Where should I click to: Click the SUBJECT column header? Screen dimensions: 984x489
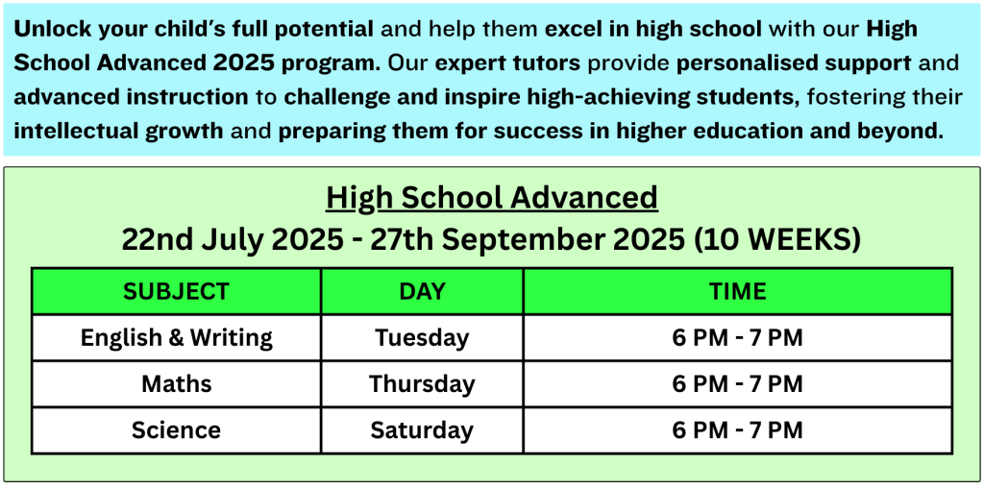click(x=177, y=291)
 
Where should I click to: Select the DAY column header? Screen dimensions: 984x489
click(x=422, y=291)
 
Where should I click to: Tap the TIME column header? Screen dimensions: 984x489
click(x=737, y=291)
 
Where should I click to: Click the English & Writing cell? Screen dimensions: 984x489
click(x=177, y=338)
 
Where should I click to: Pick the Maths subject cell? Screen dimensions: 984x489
click(x=177, y=383)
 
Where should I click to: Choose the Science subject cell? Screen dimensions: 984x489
click(x=177, y=430)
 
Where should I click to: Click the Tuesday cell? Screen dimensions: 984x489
click(x=422, y=339)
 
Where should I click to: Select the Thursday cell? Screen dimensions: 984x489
click(x=422, y=384)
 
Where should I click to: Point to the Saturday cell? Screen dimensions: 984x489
click(x=422, y=430)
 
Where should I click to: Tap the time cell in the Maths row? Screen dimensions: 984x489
click(x=737, y=383)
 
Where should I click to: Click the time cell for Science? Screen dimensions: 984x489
click(x=737, y=430)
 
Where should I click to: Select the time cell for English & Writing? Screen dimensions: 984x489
click(x=737, y=338)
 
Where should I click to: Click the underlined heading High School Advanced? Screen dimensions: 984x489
click(x=492, y=198)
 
